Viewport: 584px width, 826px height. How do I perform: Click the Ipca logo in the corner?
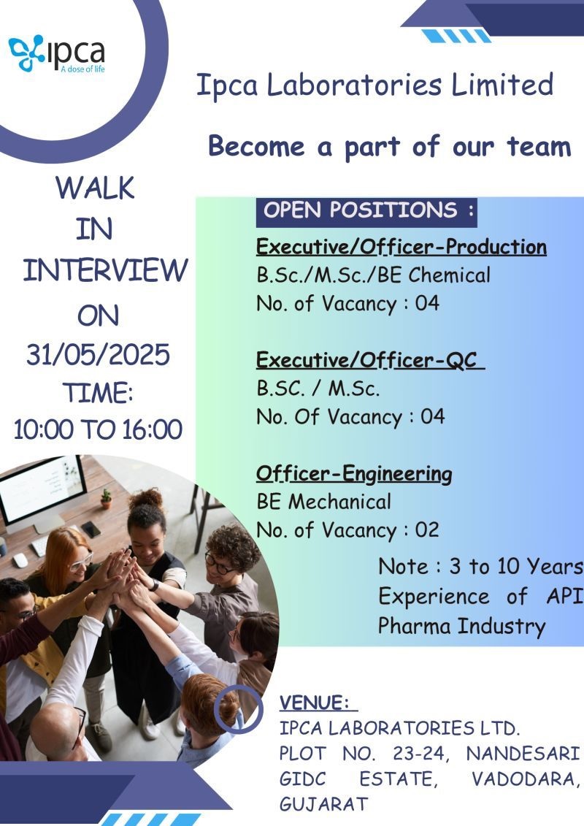(x=57, y=53)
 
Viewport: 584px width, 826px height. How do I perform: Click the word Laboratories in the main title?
(x=354, y=85)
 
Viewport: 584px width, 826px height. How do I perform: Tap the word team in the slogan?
(x=539, y=146)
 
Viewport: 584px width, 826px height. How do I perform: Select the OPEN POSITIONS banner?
(x=366, y=212)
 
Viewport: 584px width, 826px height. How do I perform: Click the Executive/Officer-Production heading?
(x=401, y=247)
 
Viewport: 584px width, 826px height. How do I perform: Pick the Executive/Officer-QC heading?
(x=370, y=360)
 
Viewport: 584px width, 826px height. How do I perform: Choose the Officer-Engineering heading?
(x=354, y=474)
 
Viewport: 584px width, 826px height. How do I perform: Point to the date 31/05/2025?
(x=98, y=354)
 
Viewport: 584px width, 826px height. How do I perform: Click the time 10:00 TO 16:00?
(x=98, y=429)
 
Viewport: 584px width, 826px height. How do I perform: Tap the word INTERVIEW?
(x=105, y=270)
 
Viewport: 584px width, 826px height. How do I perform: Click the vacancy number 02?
(x=426, y=530)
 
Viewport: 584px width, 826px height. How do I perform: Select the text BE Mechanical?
(x=323, y=502)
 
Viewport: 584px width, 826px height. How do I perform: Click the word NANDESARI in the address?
(x=523, y=754)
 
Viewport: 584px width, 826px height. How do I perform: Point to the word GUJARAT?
(x=323, y=804)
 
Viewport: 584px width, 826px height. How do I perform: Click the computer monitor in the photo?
(x=42, y=487)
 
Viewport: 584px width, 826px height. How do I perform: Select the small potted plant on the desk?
(x=107, y=498)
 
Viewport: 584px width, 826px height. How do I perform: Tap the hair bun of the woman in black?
(x=146, y=498)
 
